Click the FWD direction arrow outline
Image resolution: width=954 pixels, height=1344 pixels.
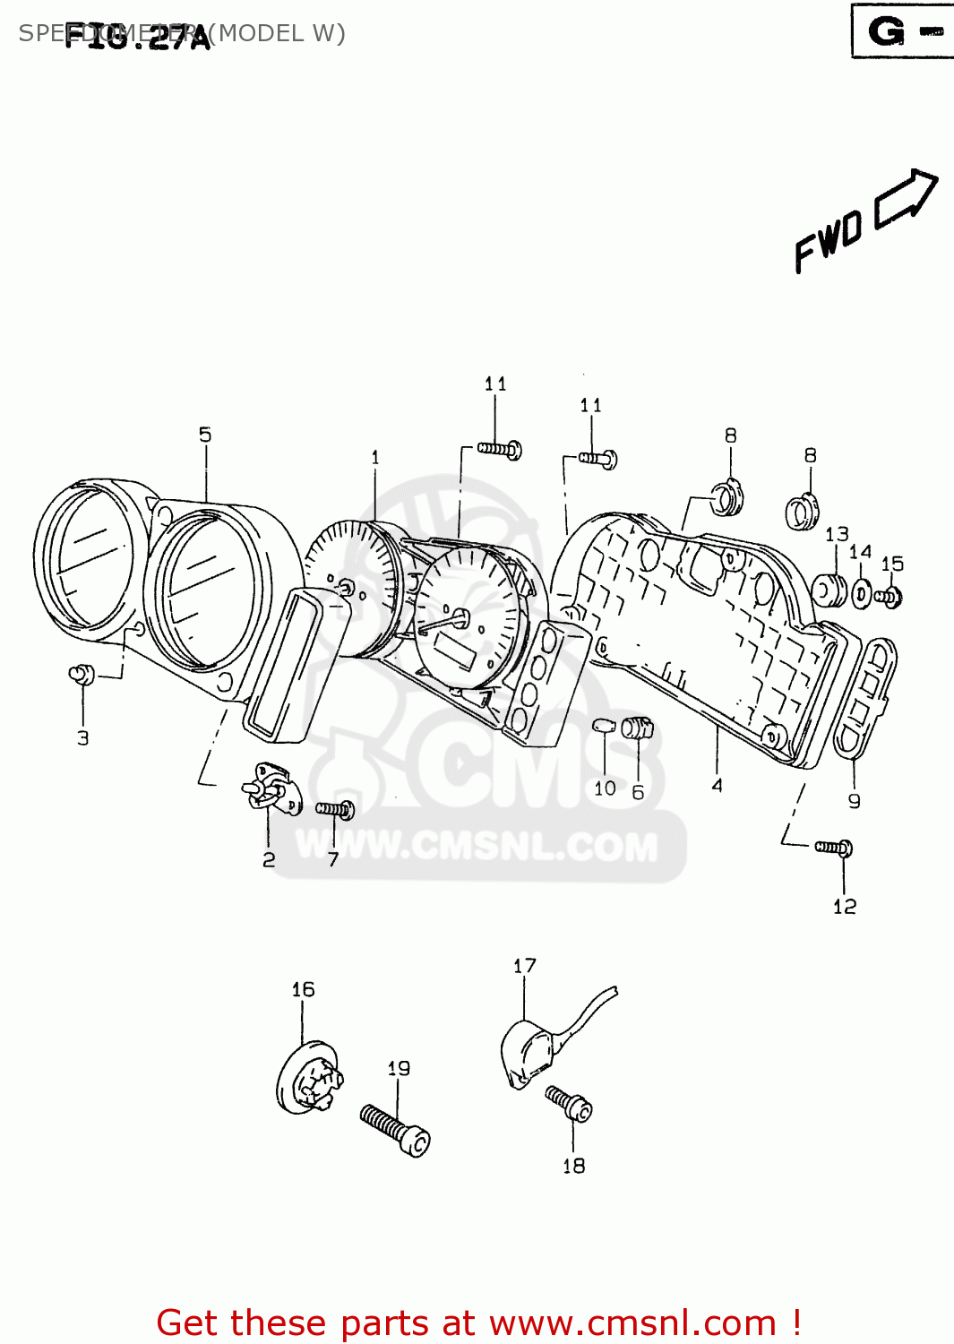[x=907, y=197]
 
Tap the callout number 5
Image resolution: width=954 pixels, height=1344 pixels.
[x=205, y=435]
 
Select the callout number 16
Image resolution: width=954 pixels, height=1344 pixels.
[x=303, y=989]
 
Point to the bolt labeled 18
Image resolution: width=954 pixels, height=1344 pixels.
[x=570, y=1104]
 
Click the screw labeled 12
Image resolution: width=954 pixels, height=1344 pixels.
[x=834, y=848]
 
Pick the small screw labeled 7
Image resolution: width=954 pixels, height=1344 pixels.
[x=335, y=809]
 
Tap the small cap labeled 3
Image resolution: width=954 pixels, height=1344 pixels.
[x=82, y=674]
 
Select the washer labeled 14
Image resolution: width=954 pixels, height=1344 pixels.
[x=861, y=593]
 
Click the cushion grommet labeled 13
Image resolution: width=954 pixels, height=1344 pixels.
[x=829, y=590]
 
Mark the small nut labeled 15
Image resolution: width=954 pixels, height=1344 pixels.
[x=890, y=597]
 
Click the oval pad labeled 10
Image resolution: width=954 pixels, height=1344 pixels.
[x=604, y=725]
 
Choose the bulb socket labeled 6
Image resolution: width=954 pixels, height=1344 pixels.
[x=637, y=728]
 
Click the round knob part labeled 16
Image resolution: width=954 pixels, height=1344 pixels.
[x=308, y=1079]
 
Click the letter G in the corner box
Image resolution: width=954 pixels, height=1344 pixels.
[x=886, y=32]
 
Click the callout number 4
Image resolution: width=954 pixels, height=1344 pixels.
[x=717, y=786]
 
